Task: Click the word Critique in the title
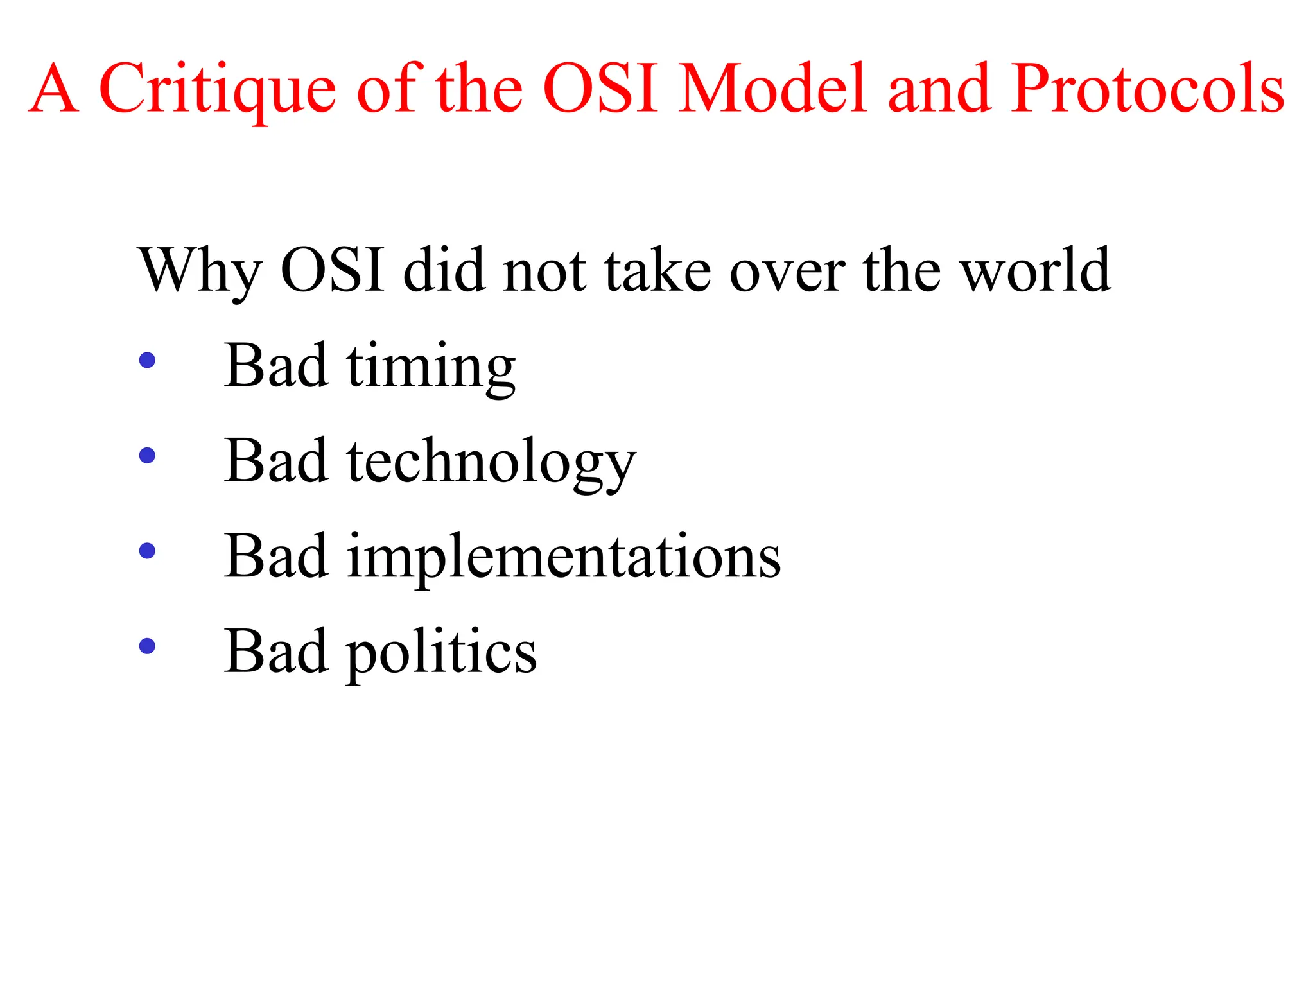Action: click(x=217, y=90)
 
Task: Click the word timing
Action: click(x=431, y=367)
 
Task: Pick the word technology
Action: click(x=491, y=462)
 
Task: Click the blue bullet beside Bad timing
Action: click(x=147, y=360)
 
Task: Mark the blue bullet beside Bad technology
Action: click(x=147, y=455)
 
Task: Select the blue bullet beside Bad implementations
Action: click(x=147, y=550)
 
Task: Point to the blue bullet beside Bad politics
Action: click(x=147, y=646)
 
